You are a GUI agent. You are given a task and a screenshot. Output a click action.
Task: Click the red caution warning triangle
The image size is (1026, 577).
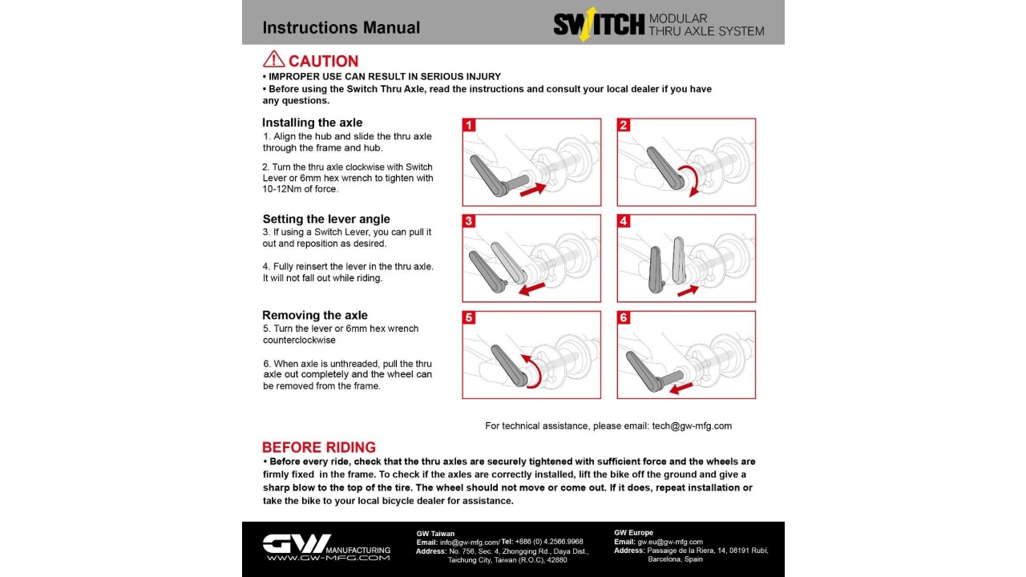coord(273,59)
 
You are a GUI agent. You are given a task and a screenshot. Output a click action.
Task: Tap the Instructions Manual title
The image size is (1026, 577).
coord(341,27)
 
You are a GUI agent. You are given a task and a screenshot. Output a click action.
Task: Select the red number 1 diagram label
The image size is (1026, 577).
coord(470,125)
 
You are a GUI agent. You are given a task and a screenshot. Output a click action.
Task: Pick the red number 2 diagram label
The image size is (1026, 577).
coord(624,125)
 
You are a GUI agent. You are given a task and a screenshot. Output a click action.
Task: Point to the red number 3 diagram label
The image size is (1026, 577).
coord(470,221)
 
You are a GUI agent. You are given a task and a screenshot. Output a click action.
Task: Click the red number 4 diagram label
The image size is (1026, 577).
coord(624,221)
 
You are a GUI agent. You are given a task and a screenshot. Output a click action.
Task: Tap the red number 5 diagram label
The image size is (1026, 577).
coord(470,317)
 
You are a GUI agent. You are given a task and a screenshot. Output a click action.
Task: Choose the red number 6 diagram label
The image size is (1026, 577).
coord(624,317)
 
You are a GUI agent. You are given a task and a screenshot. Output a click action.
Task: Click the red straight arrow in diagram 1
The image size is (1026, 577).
coord(532,189)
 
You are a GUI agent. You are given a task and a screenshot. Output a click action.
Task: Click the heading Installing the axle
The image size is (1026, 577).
coord(313,123)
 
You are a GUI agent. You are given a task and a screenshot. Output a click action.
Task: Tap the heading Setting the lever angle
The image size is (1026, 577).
coord(326,219)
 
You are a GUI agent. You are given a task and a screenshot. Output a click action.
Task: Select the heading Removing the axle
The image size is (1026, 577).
coord(314,315)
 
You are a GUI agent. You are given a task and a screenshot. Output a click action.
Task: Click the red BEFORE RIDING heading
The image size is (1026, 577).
coord(318,447)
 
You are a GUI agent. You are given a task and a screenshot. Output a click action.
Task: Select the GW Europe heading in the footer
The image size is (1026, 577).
coord(633,533)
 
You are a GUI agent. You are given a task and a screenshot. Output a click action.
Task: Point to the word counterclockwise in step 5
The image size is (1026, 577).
coord(299,340)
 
